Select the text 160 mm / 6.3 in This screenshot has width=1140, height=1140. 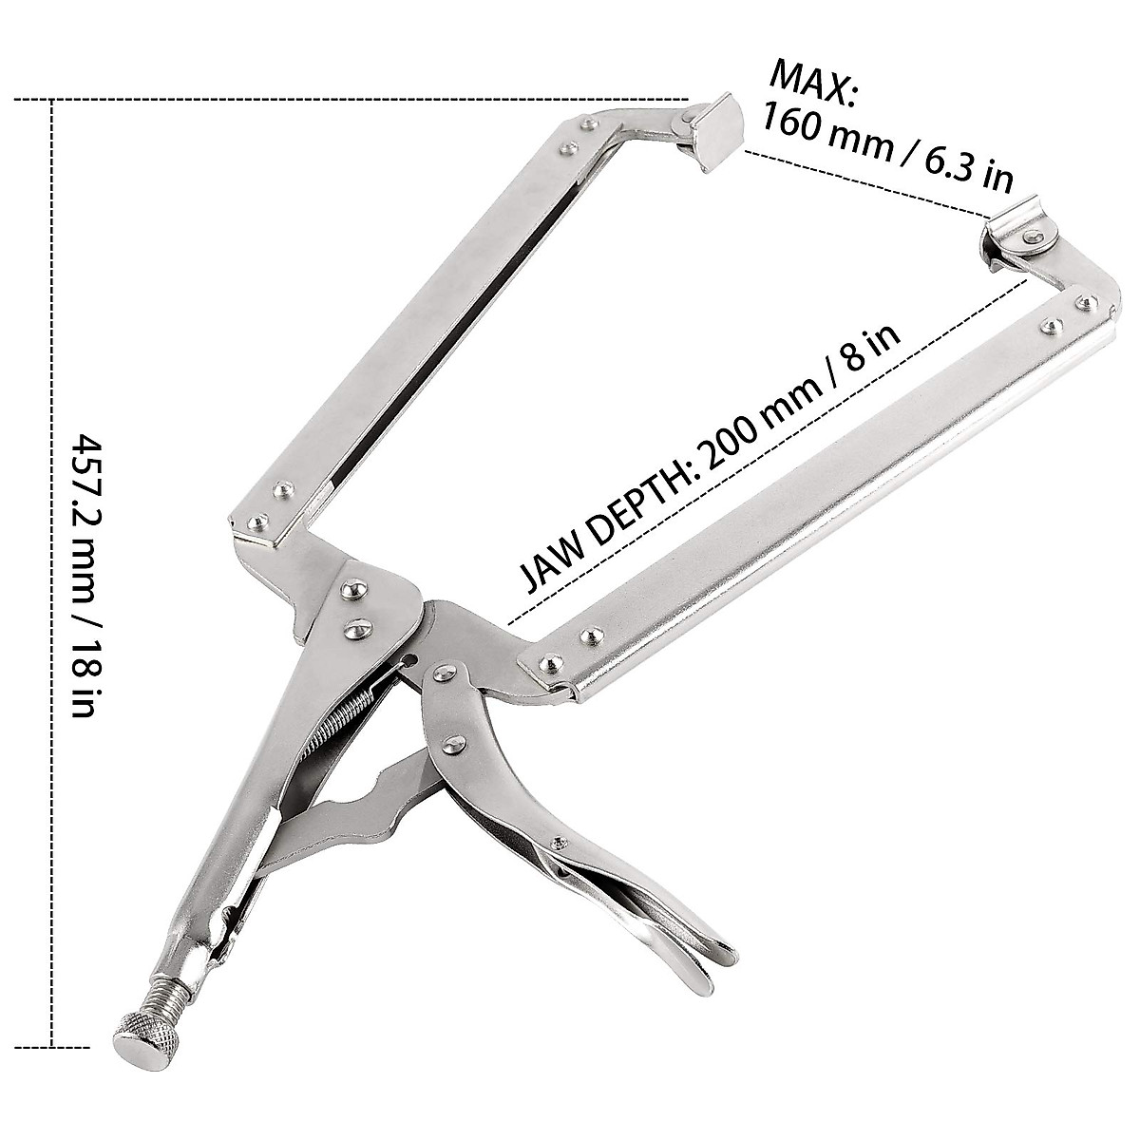(888, 148)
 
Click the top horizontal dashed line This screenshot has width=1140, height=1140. (351, 98)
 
